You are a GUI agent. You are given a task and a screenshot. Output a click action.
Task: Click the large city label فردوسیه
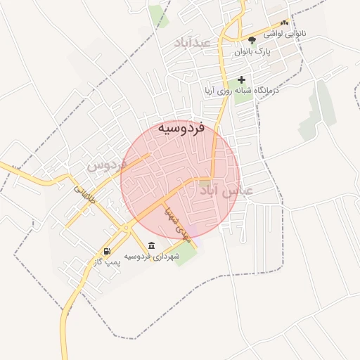tap(181, 128)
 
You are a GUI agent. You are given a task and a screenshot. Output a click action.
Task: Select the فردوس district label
tap(106, 165)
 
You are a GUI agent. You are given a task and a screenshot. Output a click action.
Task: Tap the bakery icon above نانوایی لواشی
tap(284, 22)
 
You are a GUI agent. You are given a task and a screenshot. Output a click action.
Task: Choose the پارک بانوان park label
tap(252, 51)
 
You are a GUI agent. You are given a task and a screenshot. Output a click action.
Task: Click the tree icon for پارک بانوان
tap(252, 40)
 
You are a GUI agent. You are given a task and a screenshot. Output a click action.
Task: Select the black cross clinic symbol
tap(243, 80)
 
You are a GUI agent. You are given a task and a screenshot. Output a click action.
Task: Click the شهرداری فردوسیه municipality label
tap(152, 256)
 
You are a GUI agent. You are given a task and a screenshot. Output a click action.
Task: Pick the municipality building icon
tap(152, 245)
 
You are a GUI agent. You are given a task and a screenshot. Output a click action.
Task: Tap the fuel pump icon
tap(106, 251)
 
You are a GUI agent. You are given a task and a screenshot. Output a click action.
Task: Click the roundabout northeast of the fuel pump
tap(125, 228)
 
